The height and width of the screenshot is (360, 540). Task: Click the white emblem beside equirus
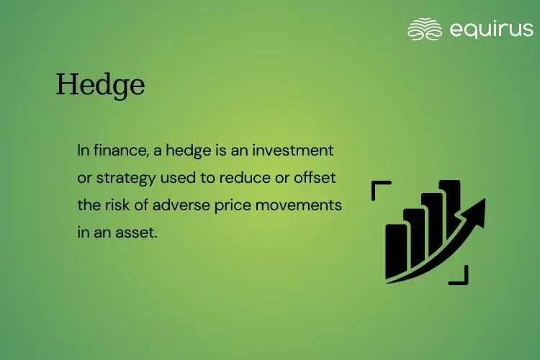click(425, 29)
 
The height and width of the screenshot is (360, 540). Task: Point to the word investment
click(298, 151)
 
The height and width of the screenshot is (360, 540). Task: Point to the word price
click(233, 205)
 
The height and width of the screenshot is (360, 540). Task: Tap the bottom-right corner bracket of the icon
click(461, 276)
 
